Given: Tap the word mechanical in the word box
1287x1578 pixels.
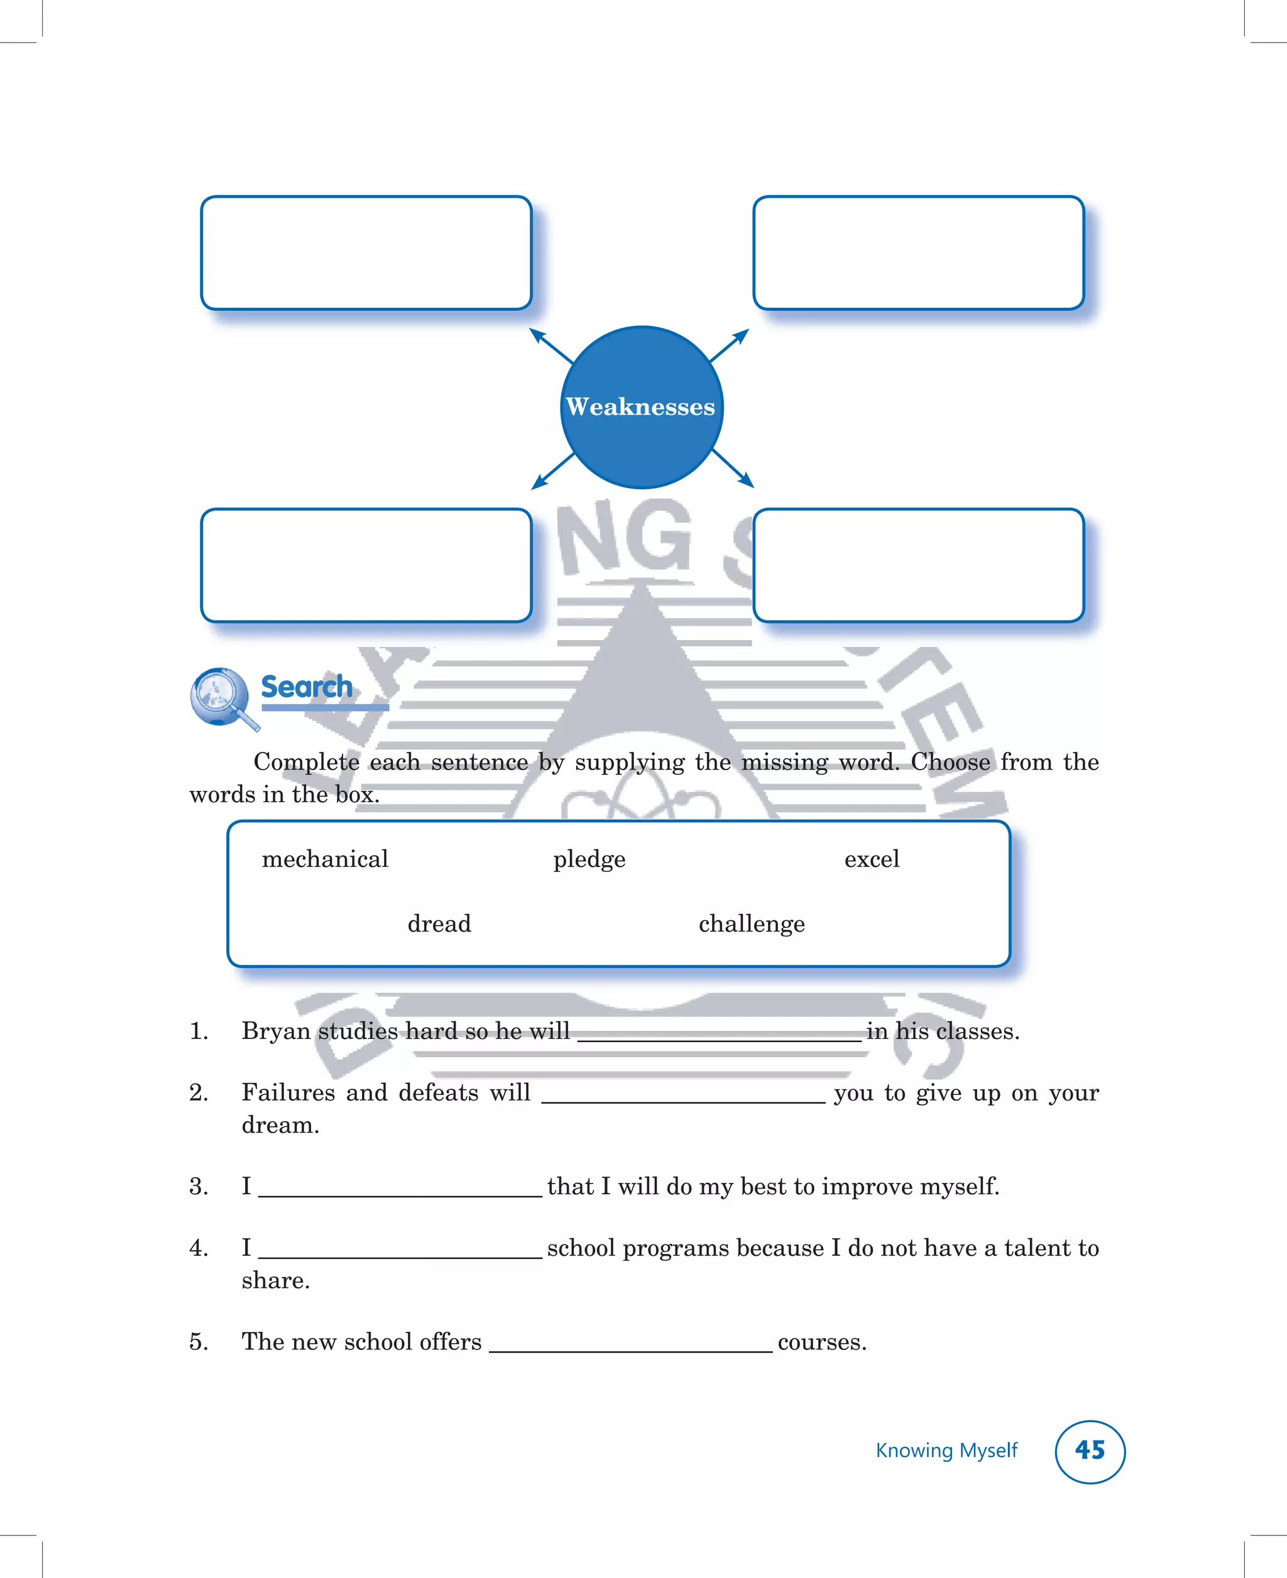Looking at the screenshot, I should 325,859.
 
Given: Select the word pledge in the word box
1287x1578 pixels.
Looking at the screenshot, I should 589,859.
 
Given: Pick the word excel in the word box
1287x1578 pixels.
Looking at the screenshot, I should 872,859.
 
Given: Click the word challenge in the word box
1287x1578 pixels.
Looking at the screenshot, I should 752,923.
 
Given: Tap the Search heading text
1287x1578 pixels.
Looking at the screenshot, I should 307,687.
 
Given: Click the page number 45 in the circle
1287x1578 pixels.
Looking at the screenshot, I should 1090,1450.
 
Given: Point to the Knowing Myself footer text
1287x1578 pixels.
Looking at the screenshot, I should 947,1450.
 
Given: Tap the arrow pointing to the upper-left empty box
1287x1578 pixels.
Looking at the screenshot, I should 549,345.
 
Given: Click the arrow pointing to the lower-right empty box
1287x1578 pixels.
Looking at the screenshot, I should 734,470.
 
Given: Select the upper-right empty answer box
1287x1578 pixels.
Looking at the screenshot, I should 919,253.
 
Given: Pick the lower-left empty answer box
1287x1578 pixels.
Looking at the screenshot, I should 366,565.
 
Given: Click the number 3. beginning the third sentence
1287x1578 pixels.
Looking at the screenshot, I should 198,1187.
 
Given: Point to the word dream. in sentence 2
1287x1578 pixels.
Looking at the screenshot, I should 280,1125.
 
